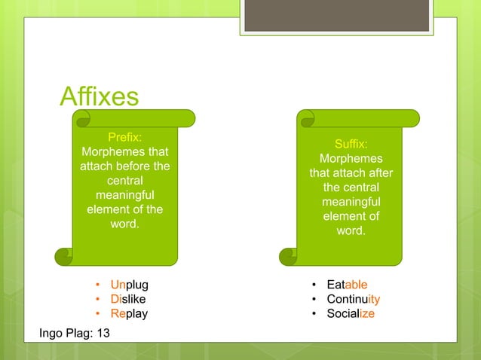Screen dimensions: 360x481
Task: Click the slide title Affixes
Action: [99, 96]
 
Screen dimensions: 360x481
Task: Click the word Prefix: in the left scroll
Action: [125, 136]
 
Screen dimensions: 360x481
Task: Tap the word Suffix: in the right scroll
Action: [351, 143]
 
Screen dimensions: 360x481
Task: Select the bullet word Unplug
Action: [129, 285]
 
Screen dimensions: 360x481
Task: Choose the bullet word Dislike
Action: [128, 299]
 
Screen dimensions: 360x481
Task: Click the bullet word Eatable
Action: [347, 285]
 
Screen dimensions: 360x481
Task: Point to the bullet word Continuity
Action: [353, 299]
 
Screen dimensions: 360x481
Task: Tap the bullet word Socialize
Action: [350, 313]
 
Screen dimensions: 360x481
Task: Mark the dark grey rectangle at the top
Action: [336, 16]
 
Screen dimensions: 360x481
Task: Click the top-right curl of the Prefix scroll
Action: [186, 118]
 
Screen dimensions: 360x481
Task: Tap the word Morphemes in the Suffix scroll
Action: [351, 159]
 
